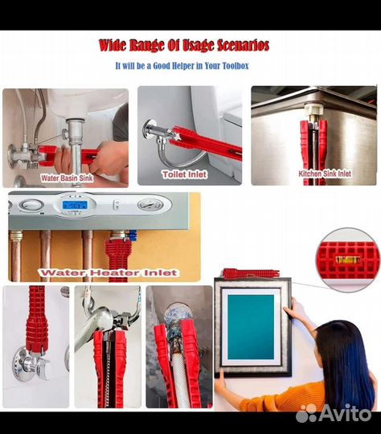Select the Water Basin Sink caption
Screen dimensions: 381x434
(67, 178)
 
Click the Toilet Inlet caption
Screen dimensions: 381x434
(185, 174)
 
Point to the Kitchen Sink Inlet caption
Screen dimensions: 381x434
(325, 174)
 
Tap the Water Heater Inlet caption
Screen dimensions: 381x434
(109, 272)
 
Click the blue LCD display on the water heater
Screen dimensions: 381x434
(75, 205)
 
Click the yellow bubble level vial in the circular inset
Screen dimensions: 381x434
(348, 260)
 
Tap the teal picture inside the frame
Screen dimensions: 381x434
(251, 326)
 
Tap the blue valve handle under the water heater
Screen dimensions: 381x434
(133, 235)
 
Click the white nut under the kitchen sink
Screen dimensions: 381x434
(313, 109)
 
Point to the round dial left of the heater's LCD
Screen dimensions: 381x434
(31, 205)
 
